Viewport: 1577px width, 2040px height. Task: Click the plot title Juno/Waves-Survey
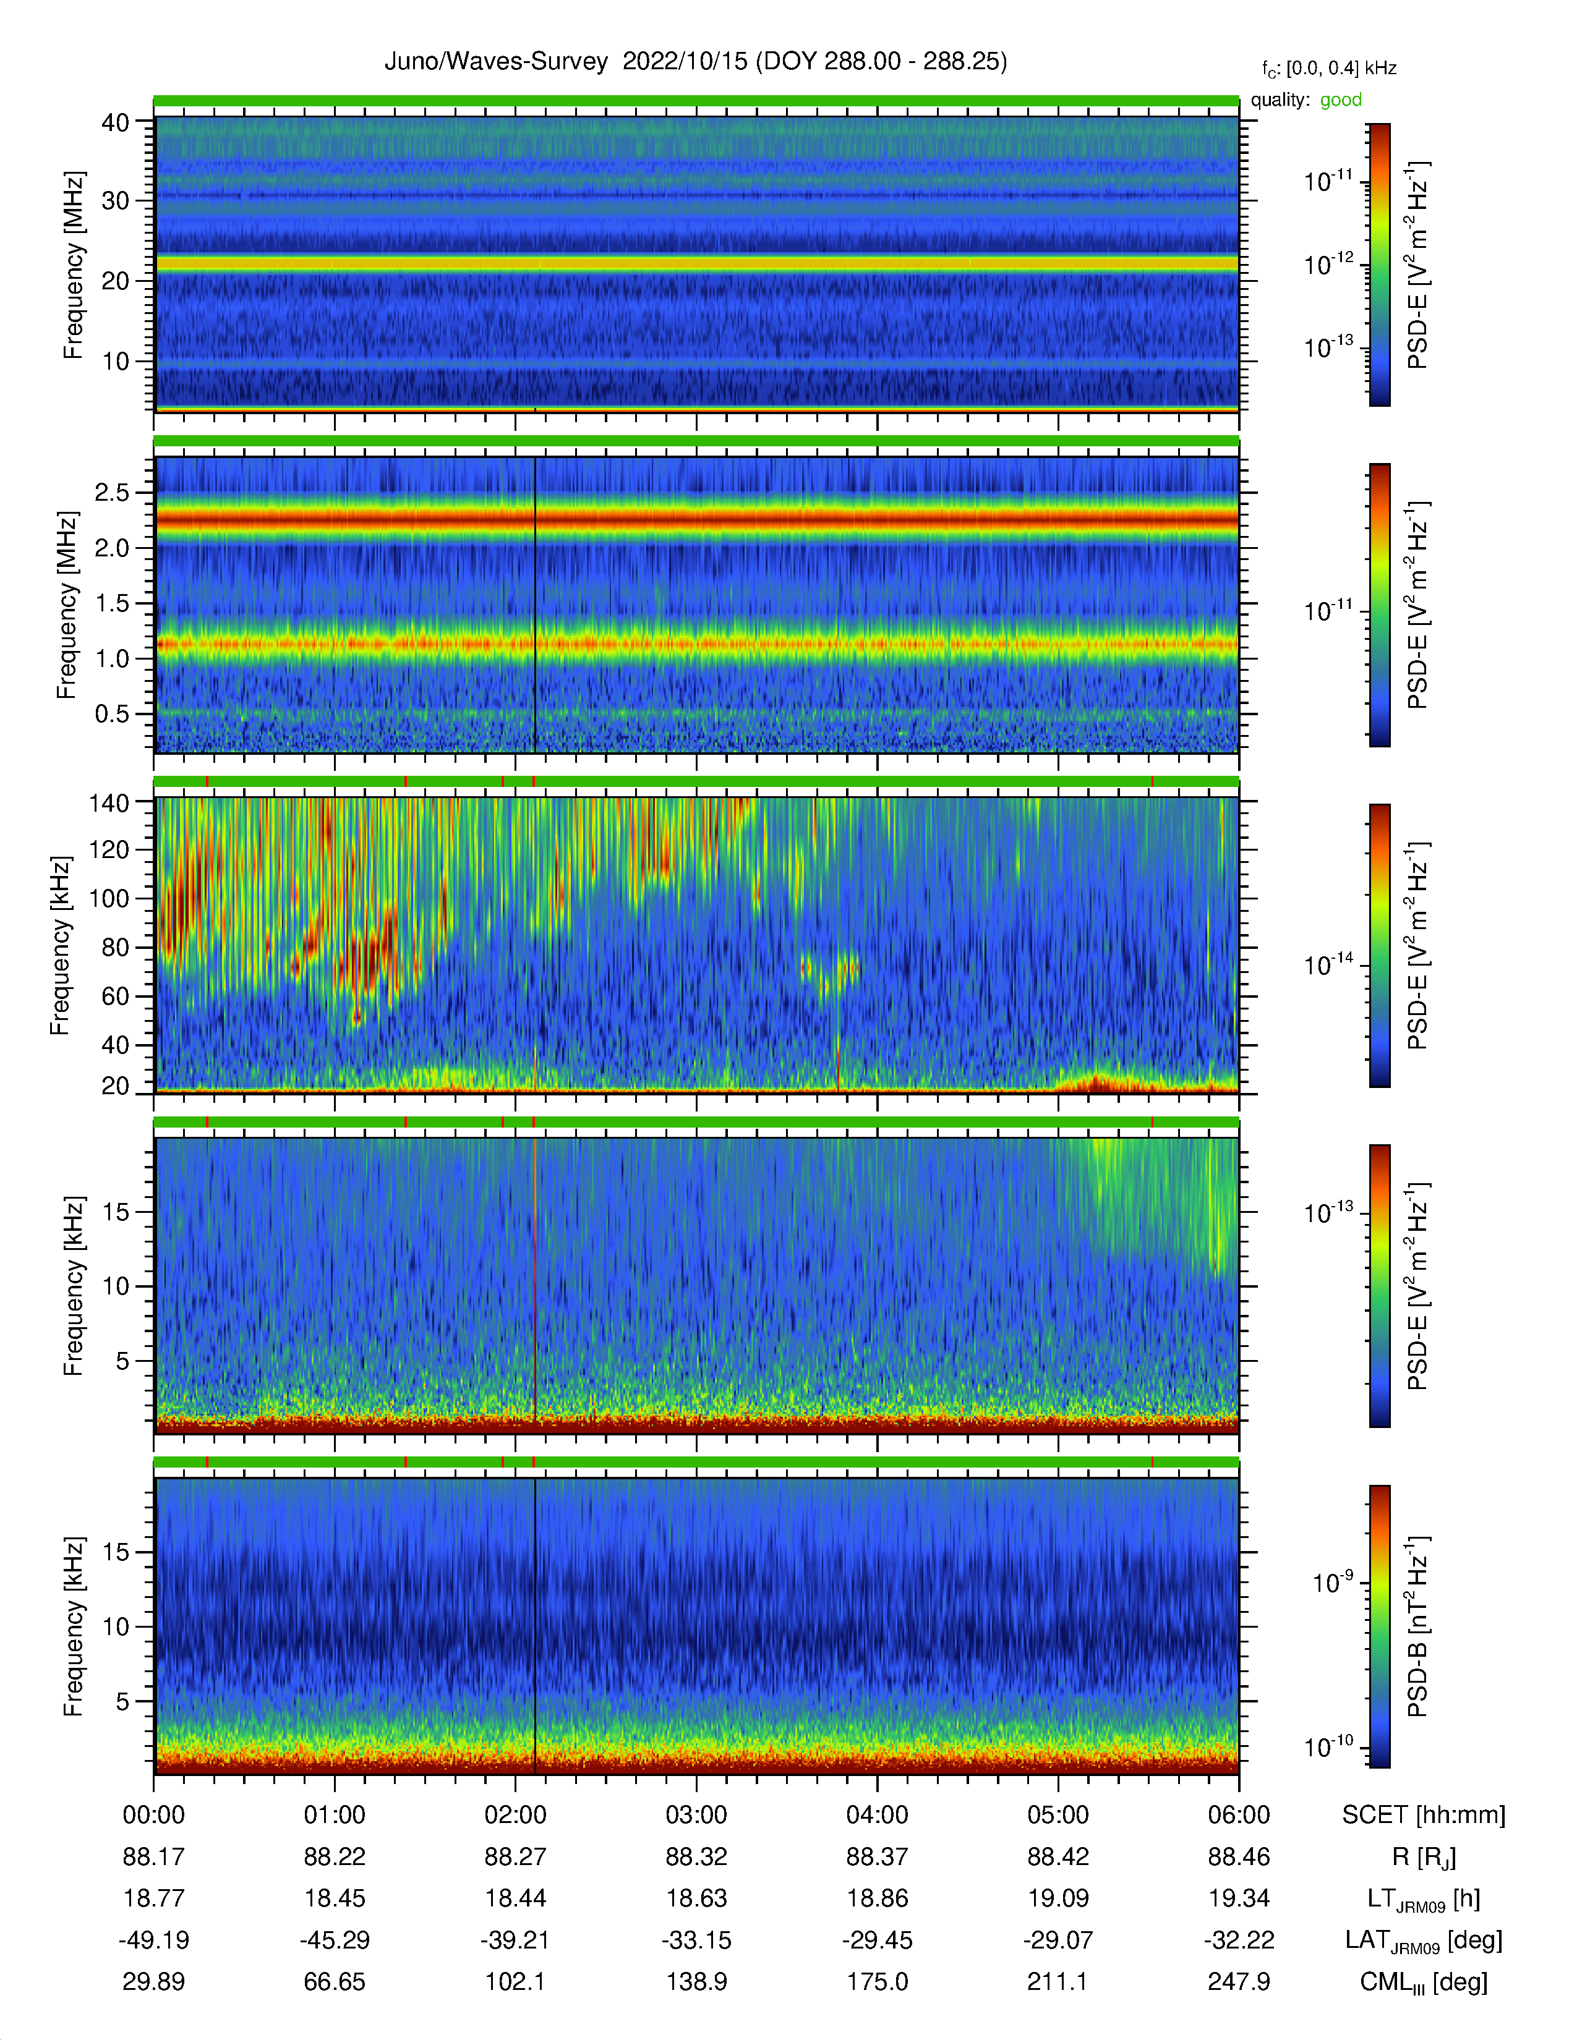(x=496, y=62)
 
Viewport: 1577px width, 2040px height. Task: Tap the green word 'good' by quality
(x=1341, y=100)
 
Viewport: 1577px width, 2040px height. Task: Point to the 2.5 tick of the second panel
(x=111, y=492)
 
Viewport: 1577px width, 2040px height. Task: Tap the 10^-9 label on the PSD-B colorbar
(x=1332, y=1583)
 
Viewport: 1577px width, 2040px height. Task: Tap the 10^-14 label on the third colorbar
(x=1328, y=964)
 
